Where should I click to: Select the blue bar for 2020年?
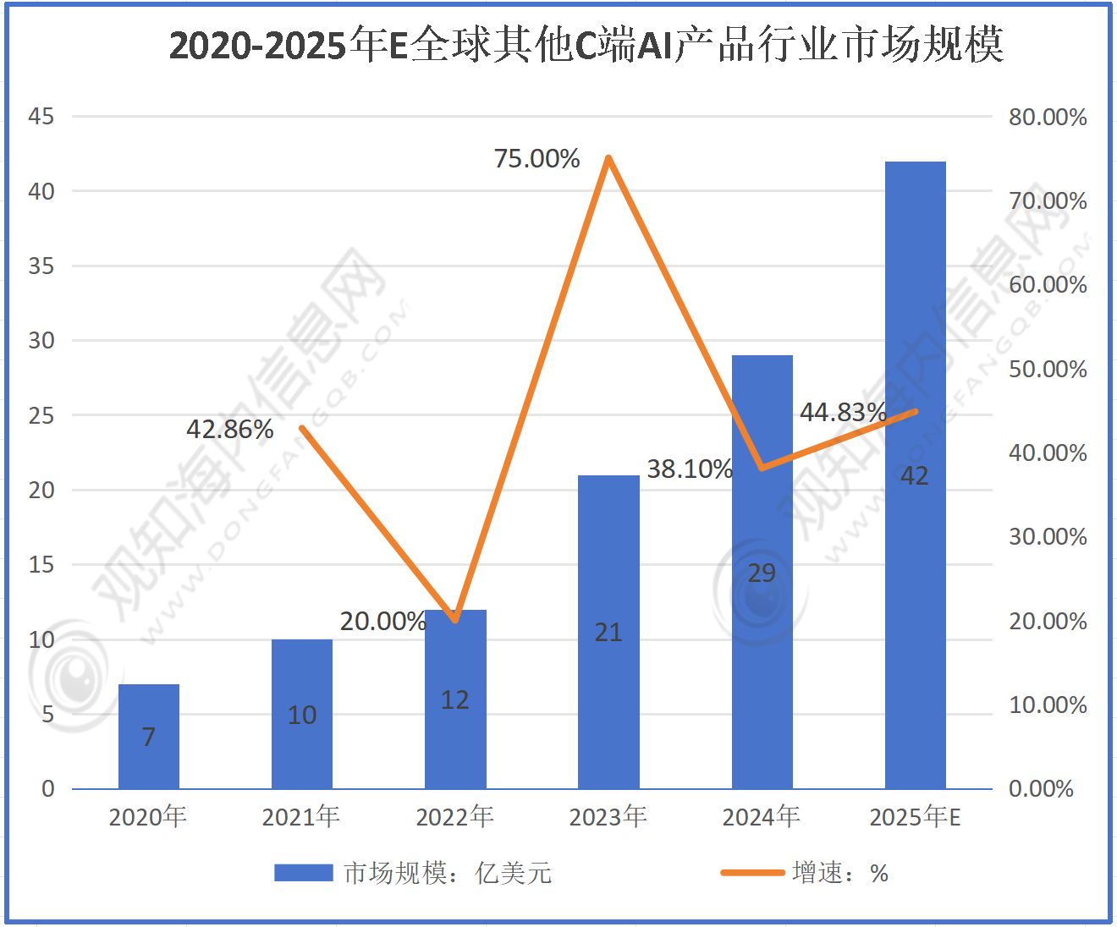point(149,736)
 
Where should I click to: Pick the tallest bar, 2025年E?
point(915,474)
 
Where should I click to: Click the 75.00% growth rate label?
point(536,159)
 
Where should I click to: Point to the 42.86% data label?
point(229,430)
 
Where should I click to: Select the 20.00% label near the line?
point(382,622)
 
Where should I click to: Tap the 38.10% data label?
point(689,469)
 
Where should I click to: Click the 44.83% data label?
point(843,413)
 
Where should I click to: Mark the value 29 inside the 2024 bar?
point(762,573)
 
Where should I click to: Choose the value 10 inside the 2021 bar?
point(302,716)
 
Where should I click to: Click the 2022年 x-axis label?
point(455,817)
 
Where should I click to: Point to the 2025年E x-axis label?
point(915,817)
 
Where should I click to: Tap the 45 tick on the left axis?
point(41,117)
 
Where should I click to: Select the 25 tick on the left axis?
point(41,415)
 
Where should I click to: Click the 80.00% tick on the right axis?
point(1047,118)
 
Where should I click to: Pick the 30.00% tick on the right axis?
point(1047,537)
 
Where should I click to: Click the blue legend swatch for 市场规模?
point(303,873)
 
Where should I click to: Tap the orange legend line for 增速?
point(751,873)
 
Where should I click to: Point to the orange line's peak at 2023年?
point(608,158)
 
